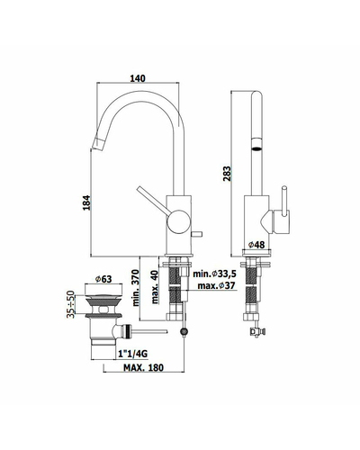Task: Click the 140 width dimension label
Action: click(x=138, y=78)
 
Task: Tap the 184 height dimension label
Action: click(x=86, y=202)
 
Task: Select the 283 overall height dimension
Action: click(x=227, y=174)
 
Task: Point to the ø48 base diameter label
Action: click(x=256, y=245)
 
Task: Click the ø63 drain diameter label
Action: click(x=103, y=279)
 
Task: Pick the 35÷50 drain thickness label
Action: click(x=70, y=304)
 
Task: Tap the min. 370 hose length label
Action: click(x=136, y=288)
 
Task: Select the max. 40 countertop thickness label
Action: click(x=154, y=287)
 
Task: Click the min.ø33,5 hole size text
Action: click(x=214, y=274)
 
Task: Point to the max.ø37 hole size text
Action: click(x=216, y=285)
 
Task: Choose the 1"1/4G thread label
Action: click(x=133, y=355)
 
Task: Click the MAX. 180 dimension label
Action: click(x=144, y=367)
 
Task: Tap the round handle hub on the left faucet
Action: click(x=179, y=221)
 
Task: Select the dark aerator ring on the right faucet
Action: click(x=256, y=148)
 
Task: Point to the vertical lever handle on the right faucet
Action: click(x=283, y=201)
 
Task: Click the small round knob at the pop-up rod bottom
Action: click(x=184, y=332)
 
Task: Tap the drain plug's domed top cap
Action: click(x=103, y=297)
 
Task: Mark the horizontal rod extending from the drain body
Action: click(x=149, y=331)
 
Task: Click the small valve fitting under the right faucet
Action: click(x=256, y=331)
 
